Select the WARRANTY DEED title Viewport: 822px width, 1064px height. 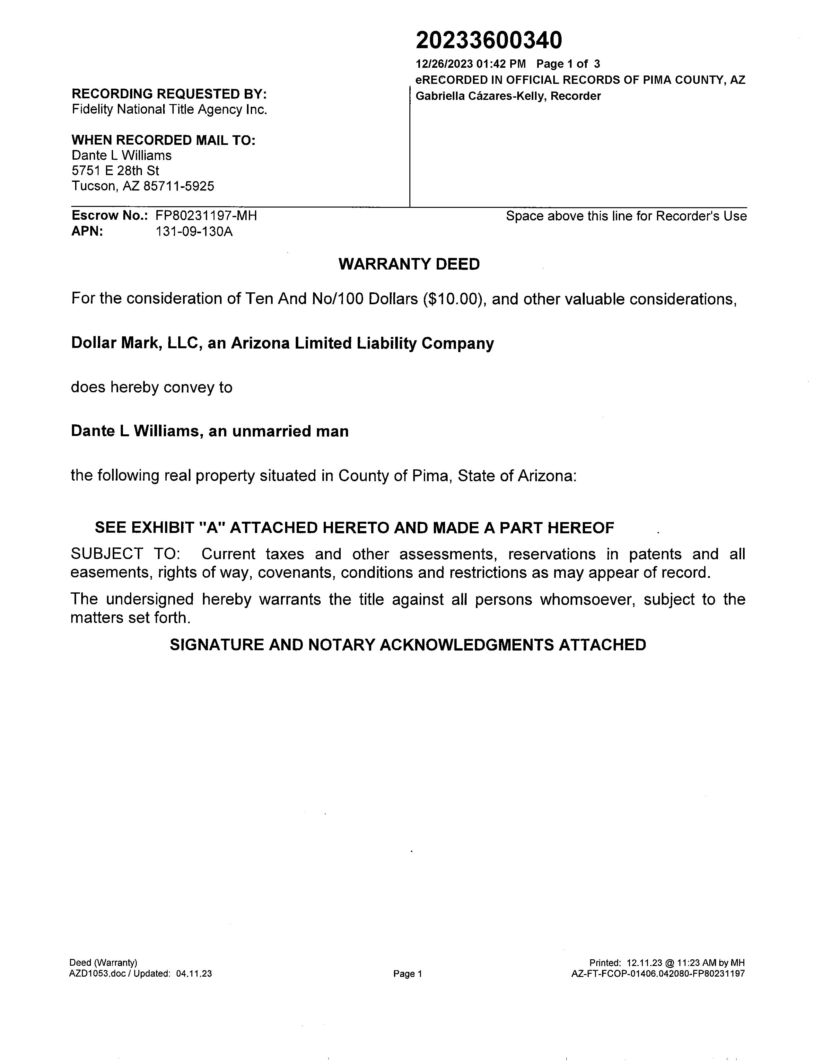click(409, 264)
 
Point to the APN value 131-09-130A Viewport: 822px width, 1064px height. click(194, 231)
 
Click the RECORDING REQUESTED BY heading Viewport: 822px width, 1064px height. click(169, 93)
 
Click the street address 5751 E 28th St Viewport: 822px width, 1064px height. click(115, 171)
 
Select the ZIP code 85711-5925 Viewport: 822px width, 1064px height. click(179, 186)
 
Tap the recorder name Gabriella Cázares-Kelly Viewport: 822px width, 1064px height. click(480, 96)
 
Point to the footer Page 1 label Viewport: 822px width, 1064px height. click(407, 974)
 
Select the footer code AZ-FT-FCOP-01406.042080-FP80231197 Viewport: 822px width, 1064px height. click(658, 974)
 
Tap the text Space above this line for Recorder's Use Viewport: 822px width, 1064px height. click(626, 216)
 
